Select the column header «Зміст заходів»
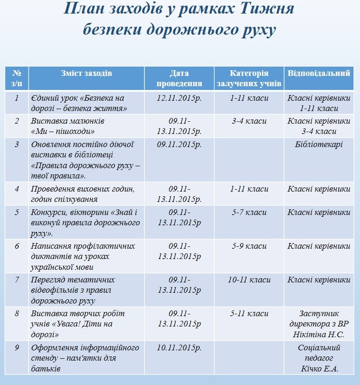coord(86,74)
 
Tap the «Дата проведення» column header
coord(179,78)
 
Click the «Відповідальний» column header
coord(319,74)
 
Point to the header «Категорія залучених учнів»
coord(249,78)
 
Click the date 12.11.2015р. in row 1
coord(179,98)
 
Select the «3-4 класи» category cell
coord(249,121)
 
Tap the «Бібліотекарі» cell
coord(319,144)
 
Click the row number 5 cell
coord(17,212)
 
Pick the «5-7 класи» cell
coord(249,212)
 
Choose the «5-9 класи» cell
coord(249,246)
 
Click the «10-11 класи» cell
coord(249,280)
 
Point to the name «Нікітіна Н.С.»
coord(319,334)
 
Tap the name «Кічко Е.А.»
coord(319,369)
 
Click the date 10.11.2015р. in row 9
coord(179,348)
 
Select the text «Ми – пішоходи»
coord(63,131)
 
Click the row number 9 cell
coord(17,348)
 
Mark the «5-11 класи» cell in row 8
coord(249,314)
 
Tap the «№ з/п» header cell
coord(17,78)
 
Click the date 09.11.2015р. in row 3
coord(179,144)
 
